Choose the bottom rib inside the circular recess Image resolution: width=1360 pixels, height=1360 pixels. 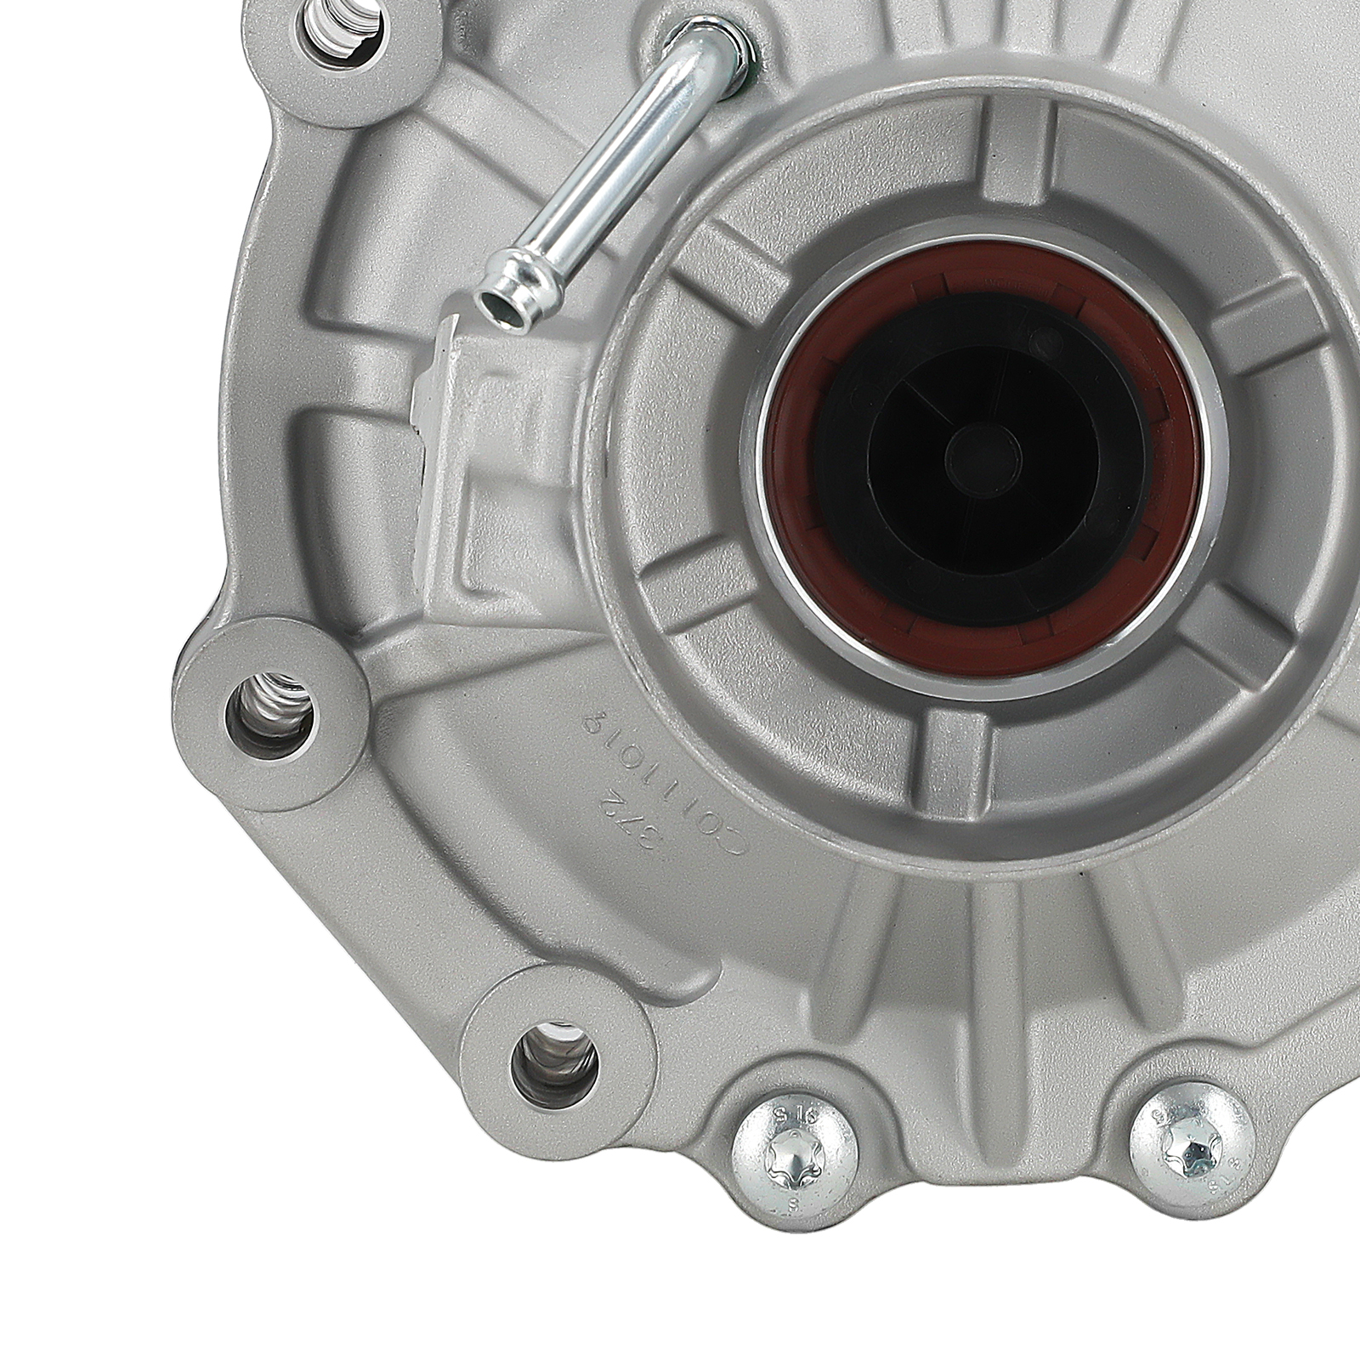[960, 748]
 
